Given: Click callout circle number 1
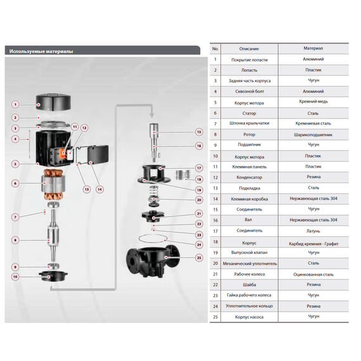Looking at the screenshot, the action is pyautogui.click(x=15, y=104).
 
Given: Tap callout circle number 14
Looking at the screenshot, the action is pyautogui.click(x=99, y=189).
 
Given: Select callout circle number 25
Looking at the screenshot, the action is pyautogui.click(x=199, y=258).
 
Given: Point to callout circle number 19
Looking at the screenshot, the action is pyautogui.click(x=199, y=190).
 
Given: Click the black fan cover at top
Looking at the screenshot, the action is pyautogui.click(x=53, y=101).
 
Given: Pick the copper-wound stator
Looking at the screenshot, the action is pyautogui.click(x=52, y=184).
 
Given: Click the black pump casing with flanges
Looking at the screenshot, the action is pyautogui.click(x=153, y=261).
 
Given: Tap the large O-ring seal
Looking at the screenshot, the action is pyautogui.click(x=153, y=238).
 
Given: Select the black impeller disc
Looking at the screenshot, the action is pyautogui.click(x=153, y=216).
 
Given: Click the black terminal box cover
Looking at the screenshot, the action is pyautogui.click(x=98, y=154).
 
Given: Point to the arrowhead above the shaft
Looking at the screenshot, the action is pyautogui.click(x=151, y=115).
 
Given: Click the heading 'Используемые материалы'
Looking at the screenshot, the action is pyautogui.click(x=41, y=51).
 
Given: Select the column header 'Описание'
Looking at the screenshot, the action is pyautogui.click(x=249, y=49).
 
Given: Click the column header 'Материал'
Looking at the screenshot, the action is pyautogui.click(x=313, y=48).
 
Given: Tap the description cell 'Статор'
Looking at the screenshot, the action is pyautogui.click(x=249, y=113).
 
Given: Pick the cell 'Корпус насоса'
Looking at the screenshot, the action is pyautogui.click(x=249, y=317).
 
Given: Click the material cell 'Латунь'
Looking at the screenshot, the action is pyautogui.click(x=313, y=231).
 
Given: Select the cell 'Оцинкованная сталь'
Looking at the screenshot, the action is pyautogui.click(x=313, y=274).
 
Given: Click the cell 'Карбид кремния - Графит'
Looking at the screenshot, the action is pyautogui.click(x=313, y=244).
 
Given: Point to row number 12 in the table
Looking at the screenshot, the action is pyautogui.click(x=215, y=177).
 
